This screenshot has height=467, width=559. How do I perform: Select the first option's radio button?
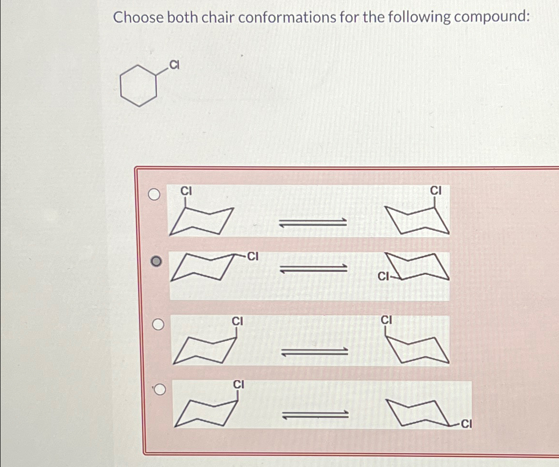[x=154, y=195]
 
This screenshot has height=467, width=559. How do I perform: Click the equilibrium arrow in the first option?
[x=313, y=222]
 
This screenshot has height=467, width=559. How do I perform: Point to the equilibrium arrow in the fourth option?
[x=314, y=414]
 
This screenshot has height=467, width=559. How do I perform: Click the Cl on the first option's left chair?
[x=186, y=191]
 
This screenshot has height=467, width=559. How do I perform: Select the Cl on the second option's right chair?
[x=383, y=277]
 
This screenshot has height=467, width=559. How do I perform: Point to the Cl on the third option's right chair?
[x=388, y=320]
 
